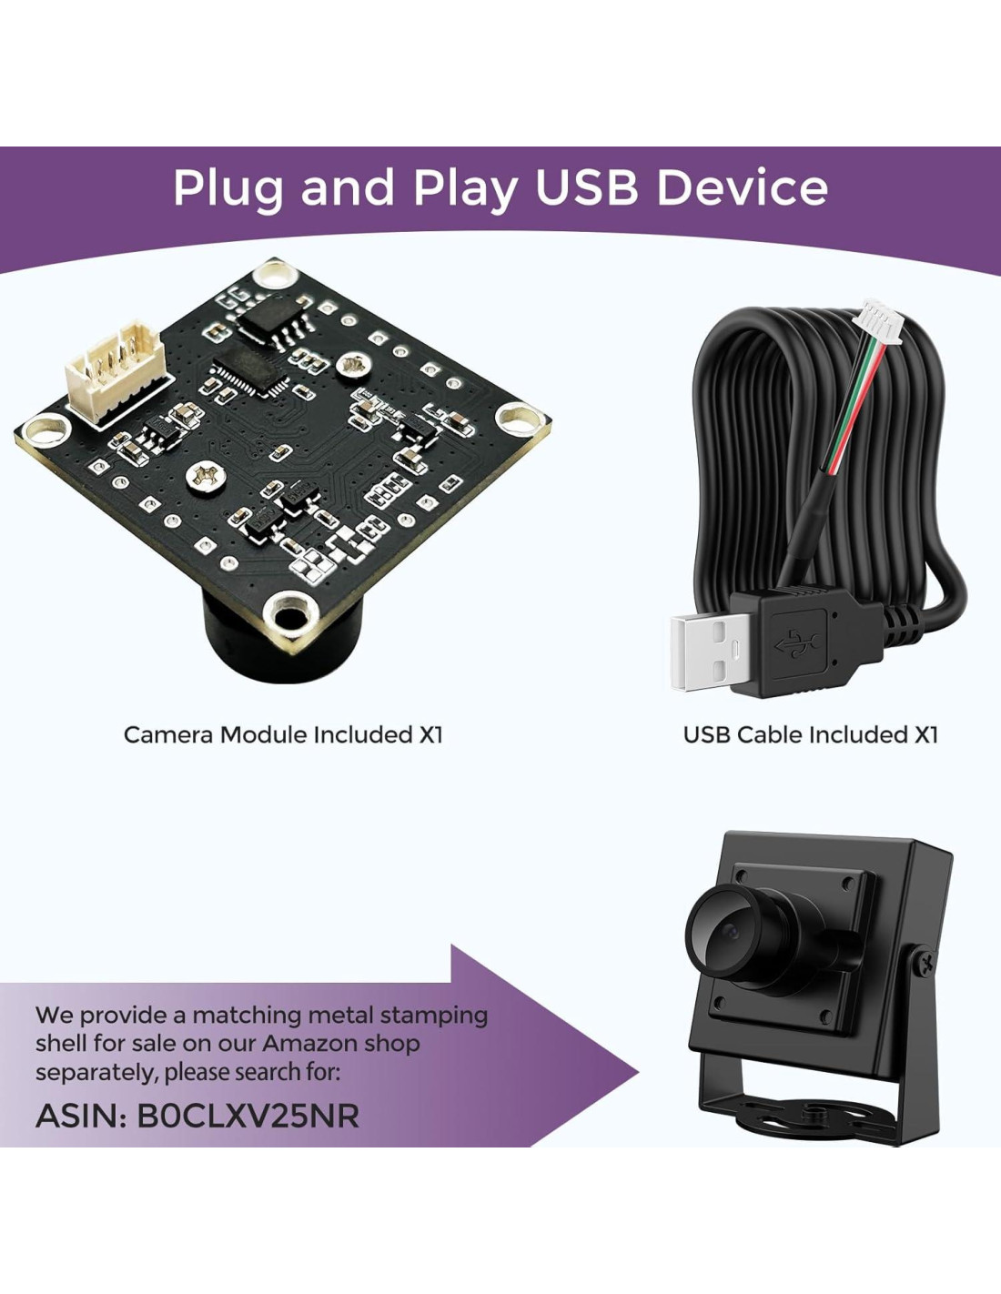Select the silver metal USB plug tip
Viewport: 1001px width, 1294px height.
point(710,651)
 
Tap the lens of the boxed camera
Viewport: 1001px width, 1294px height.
point(728,934)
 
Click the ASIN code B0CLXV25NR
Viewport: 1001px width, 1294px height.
point(248,1116)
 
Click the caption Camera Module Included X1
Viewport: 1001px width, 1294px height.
point(282,734)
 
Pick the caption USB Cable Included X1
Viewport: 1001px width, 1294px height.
point(810,734)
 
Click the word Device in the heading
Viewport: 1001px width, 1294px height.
point(743,187)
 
